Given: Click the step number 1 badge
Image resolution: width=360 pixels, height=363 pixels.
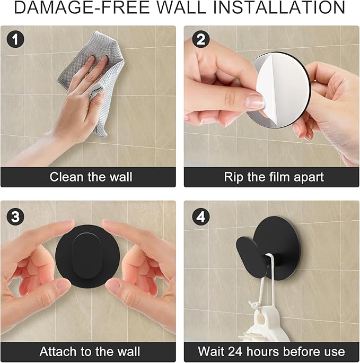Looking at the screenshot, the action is coord(15,39).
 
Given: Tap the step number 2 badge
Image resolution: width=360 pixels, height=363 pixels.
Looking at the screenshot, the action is coord(201,39).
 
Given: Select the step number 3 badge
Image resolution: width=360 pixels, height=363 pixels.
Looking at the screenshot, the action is coord(15,217).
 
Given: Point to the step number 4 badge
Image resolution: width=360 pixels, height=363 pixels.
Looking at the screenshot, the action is coord(201,217).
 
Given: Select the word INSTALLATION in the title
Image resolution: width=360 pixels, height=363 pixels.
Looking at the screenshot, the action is coord(279,7).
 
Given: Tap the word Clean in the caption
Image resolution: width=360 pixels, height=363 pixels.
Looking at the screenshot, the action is coord(67,177).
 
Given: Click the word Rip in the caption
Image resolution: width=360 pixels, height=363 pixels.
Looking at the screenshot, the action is coord(234,177).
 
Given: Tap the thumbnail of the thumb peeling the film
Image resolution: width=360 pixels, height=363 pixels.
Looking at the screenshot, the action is coord(254,101).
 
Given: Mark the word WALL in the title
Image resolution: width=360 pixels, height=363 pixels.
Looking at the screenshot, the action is coord(181,7).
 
